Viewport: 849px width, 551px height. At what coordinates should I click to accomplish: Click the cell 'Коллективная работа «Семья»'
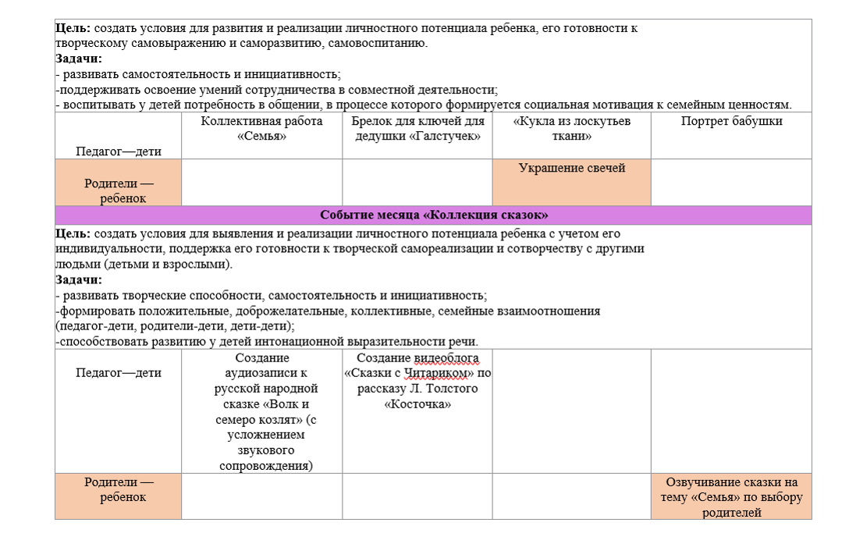(261, 129)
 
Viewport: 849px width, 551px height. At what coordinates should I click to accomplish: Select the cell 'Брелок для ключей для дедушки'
(417, 129)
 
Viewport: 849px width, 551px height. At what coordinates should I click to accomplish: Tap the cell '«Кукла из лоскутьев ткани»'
(571, 129)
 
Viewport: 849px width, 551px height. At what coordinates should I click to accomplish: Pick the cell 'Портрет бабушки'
(731, 122)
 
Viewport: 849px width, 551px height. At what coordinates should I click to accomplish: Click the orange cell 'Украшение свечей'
(571, 169)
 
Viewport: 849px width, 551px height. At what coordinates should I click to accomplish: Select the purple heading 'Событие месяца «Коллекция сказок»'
(433, 215)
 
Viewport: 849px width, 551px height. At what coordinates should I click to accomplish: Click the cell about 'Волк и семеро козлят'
(261, 411)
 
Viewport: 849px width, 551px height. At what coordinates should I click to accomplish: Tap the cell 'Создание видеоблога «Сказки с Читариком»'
(417, 381)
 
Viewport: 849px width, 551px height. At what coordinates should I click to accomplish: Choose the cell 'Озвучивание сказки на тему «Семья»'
(731, 496)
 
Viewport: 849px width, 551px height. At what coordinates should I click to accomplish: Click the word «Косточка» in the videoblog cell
(417, 404)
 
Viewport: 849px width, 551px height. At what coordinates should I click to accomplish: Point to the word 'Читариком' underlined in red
(435, 373)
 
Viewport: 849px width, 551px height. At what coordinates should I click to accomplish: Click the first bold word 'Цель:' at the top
(73, 28)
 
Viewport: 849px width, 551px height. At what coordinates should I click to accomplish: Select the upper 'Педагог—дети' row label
(118, 151)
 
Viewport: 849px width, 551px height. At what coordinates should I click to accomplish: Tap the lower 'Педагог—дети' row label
(118, 373)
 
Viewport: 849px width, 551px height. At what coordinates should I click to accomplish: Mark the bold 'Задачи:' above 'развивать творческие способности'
(78, 280)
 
